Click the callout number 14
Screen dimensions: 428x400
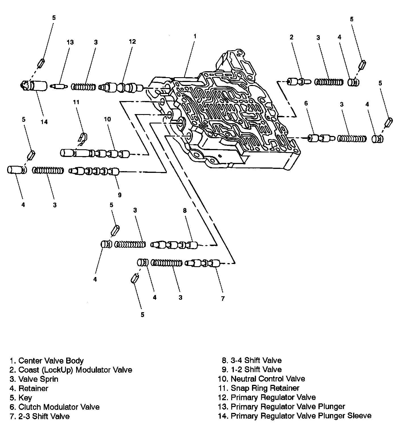pos(44,122)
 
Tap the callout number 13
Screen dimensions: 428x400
pos(70,42)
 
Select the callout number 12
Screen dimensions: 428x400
pos(132,41)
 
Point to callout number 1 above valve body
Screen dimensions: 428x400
pos(195,36)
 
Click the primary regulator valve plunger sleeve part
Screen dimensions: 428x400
pos(36,86)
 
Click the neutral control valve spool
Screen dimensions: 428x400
pos(95,154)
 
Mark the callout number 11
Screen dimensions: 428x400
pos(76,102)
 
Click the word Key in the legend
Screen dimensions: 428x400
pos(25,398)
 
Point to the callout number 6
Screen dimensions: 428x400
pos(306,103)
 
